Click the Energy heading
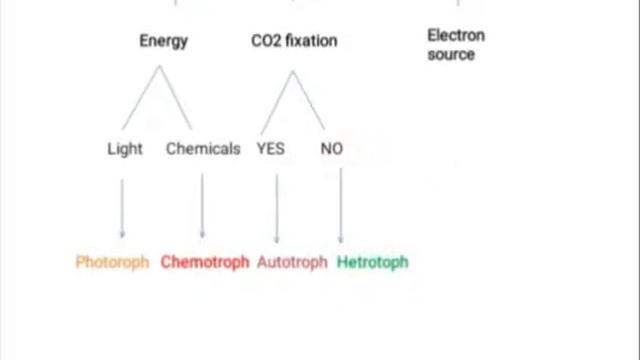(163, 41)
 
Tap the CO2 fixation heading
(294, 41)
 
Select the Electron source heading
(455, 44)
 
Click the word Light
(125, 148)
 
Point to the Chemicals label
(203, 148)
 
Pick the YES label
(270, 148)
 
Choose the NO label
(332, 148)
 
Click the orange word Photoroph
(112, 262)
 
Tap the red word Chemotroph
(204, 262)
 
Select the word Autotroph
(292, 262)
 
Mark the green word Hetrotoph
(372, 262)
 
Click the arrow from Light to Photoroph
(123, 207)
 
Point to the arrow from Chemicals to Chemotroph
(202, 205)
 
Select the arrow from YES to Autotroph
(277, 207)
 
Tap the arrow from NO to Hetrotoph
(341, 205)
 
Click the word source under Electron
(451, 54)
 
